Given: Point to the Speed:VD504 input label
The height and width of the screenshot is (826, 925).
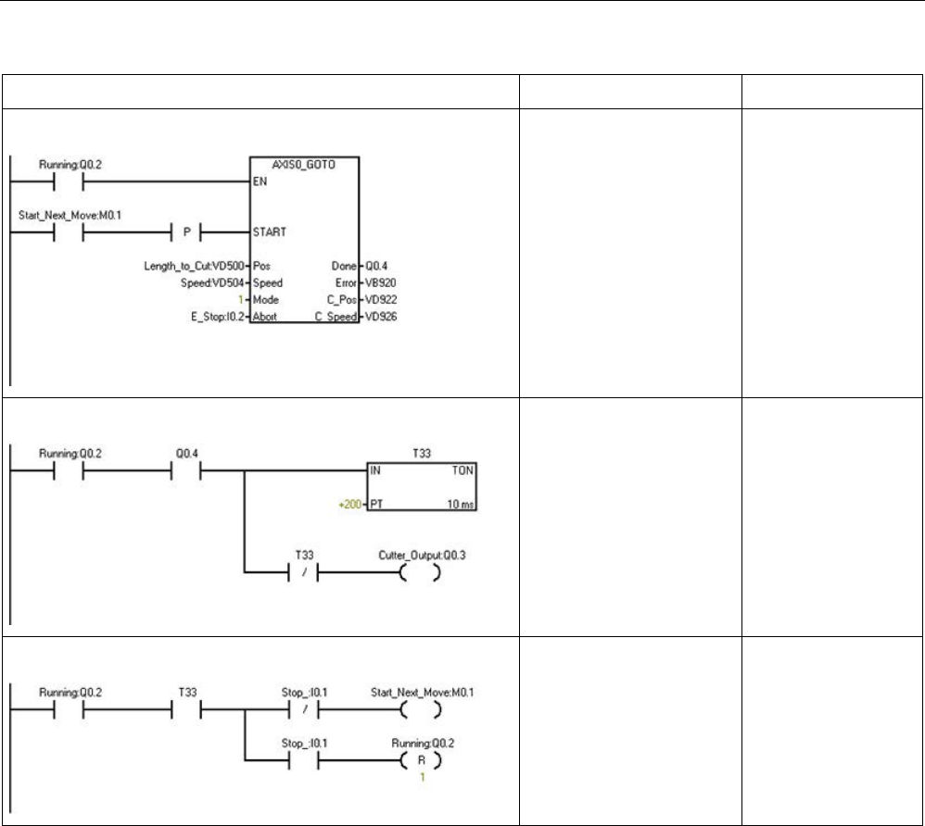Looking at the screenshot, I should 214,282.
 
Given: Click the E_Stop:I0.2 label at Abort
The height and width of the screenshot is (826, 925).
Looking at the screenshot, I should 212,317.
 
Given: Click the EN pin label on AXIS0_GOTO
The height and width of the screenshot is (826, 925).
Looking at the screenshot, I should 260,182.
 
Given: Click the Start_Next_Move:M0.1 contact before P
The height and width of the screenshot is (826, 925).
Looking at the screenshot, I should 69,232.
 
